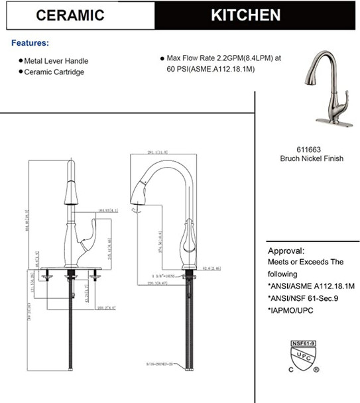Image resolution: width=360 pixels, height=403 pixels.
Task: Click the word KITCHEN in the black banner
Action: (x=245, y=15)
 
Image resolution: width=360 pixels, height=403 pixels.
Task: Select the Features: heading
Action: (x=30, y=43)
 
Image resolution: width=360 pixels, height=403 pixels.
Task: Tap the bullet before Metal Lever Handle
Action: (x=21, y=60)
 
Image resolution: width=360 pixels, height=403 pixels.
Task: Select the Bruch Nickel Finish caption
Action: (x=312, y=160)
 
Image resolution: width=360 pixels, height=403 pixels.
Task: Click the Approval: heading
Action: (x=286, y=252)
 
